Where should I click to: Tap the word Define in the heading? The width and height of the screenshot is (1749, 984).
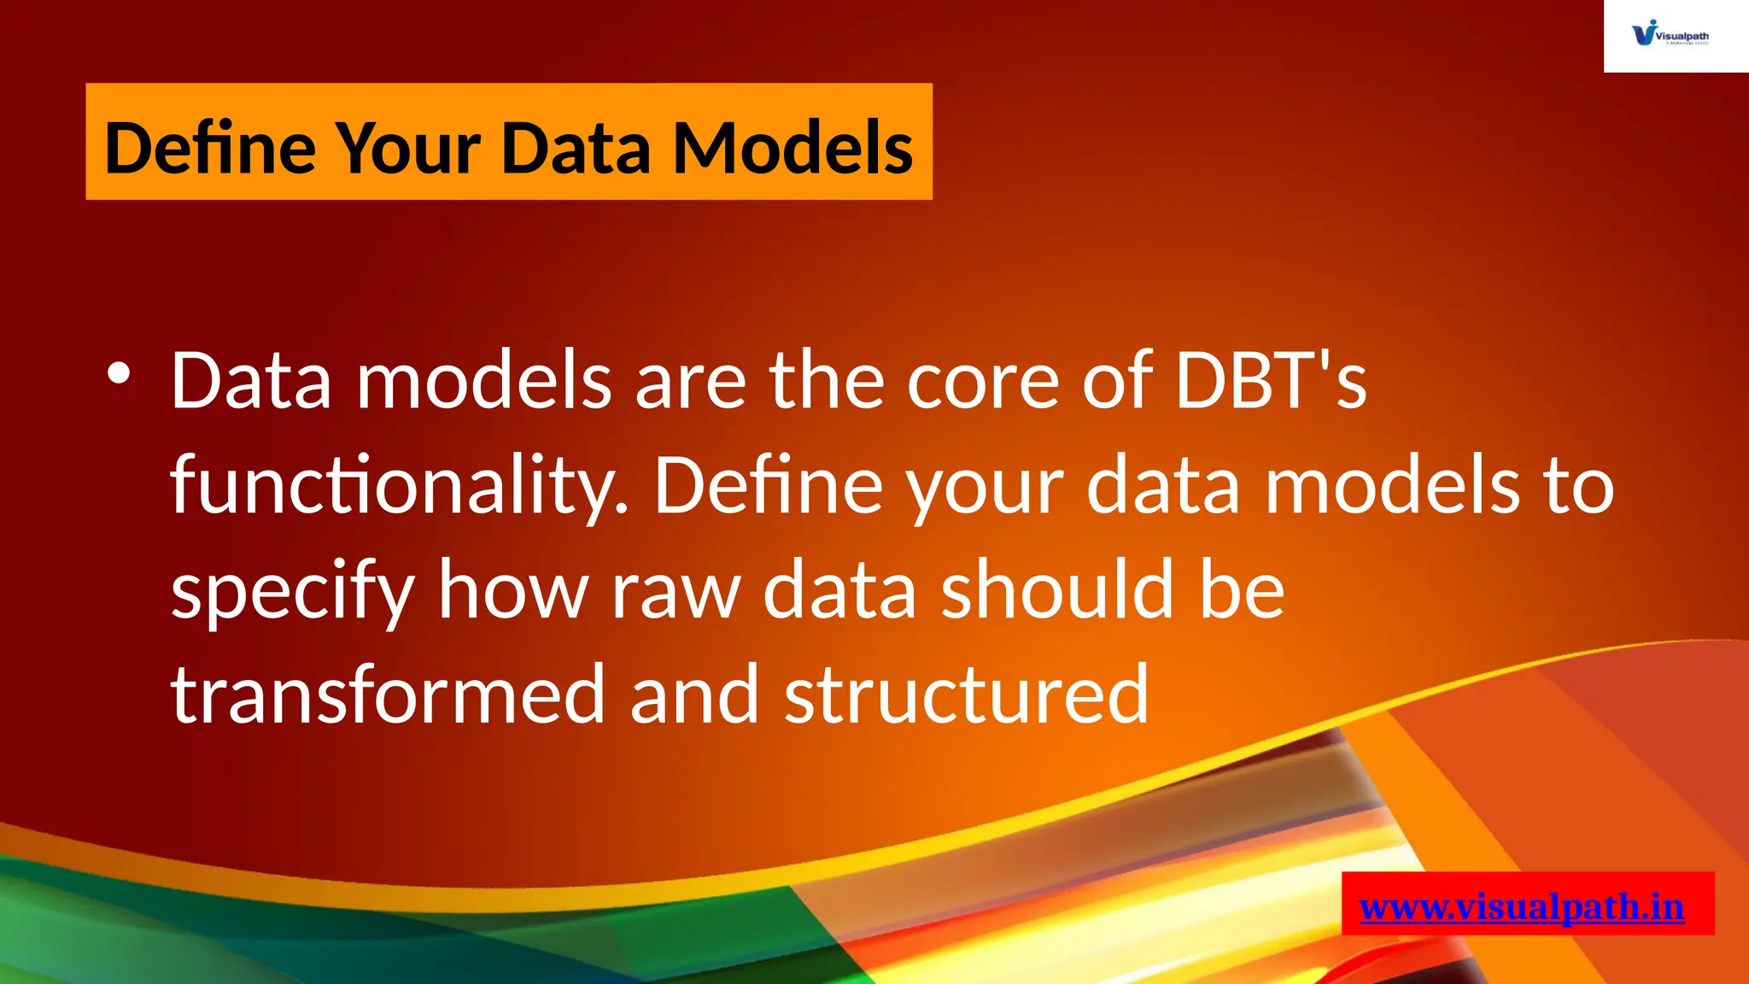point(210,148)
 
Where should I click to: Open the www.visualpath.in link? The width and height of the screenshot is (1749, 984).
point(1522,906)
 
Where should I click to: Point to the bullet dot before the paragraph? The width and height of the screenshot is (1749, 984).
point(119,374)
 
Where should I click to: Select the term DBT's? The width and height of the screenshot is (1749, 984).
point(1271,380)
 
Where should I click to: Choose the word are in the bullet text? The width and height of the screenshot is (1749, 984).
point(690,380)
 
